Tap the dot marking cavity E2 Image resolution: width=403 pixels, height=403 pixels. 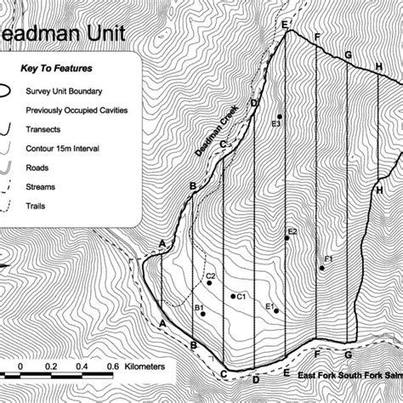(287, 239)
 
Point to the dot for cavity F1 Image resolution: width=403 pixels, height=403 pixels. (321, 269)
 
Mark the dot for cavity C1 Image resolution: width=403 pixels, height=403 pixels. (233, 296)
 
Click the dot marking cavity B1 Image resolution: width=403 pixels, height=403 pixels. (202, 315)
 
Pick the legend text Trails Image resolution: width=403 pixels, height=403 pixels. (37, 205)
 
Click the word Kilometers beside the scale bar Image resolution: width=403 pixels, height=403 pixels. (149, 366)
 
